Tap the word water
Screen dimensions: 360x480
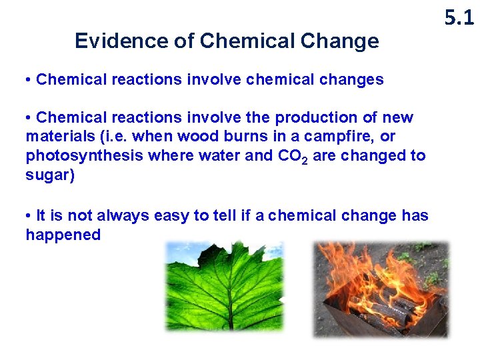point(202,155)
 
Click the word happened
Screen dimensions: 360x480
point(63,235)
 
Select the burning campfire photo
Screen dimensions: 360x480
point(381,288)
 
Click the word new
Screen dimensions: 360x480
point(398,118)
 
